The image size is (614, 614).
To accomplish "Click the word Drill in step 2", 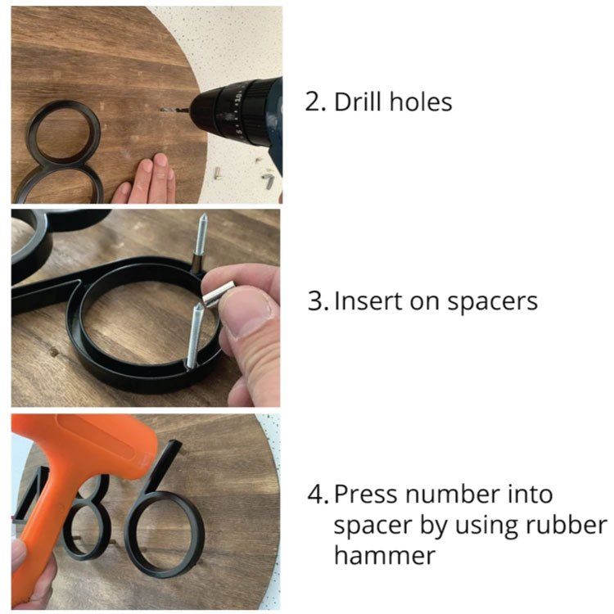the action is pyautogui.click(x=357, y=102).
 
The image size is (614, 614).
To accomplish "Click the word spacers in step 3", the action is pyautogui.click(x=492, y=303).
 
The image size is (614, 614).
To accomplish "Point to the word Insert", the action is pyautogui.click(x=368, y=301).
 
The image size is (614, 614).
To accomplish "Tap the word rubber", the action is pyautogui.click(x=567, y=525).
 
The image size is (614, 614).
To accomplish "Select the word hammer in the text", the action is pyautogui.click(x=385, y=555).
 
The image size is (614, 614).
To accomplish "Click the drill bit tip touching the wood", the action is pyautogui.click(x=162, y=110).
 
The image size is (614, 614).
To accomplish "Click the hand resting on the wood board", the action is pyautogui.click(x=146, y=179).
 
